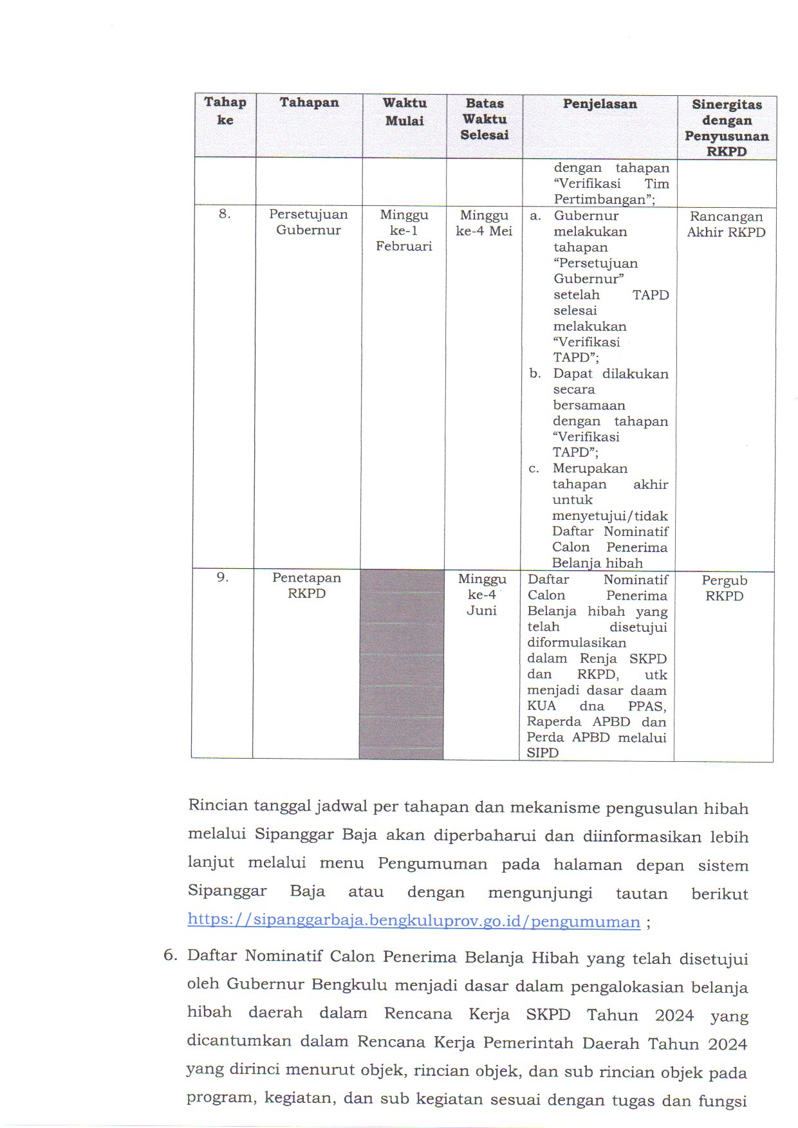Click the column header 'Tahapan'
[x=309, y=103]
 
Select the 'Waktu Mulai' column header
[x=404, y=112]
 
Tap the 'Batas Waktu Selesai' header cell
[x=485, y=119]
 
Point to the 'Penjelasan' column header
[x=600, y=104]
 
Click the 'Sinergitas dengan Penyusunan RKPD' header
[x=727, y=127]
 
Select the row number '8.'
[x=224, y=214]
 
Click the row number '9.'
[x=222, y=577]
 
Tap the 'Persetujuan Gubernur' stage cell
[x=308, y=223]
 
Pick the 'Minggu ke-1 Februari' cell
[x=404, y=230]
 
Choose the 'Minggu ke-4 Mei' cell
[x=484, y=223]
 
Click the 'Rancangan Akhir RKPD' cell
[x=726, y=225]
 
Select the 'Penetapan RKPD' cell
[x=306, y=586]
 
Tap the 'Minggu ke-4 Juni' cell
[x=482, y=595]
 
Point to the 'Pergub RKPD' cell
[x=724, y=588]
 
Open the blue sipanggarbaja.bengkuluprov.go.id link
[x=414, y=921]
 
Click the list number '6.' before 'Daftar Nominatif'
[x=170, y=955]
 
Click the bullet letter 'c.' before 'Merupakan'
[x=534, y=468]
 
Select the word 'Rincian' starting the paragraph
[x=218, y=806]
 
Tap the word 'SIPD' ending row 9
[x=543, y=753]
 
